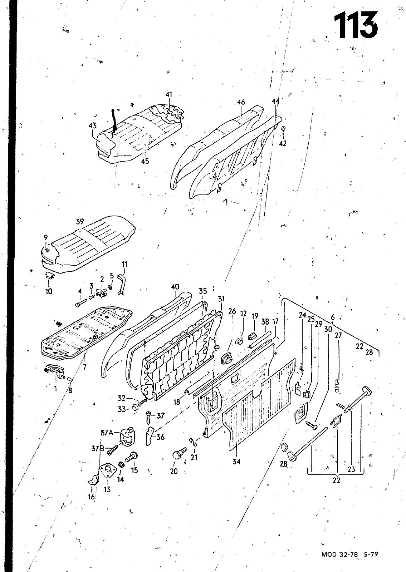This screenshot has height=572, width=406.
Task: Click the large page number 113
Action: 356,25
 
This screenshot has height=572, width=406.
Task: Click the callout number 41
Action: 169,95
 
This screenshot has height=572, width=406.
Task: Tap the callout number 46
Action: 241,102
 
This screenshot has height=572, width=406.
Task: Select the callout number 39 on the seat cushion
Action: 80,222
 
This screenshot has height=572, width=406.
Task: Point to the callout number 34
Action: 236,462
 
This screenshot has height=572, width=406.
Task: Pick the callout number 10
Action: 49,291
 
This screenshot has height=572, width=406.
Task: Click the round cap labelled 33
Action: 135,408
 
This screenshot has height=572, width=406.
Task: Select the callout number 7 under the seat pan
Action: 84,367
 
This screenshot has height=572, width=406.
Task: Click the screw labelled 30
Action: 310,425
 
